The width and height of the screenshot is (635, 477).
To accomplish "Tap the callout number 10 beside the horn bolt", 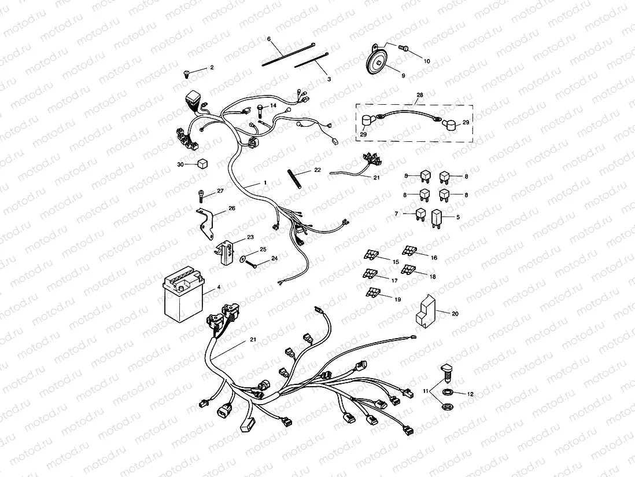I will [427, 61].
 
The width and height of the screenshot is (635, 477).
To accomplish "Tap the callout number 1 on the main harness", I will [264, 182].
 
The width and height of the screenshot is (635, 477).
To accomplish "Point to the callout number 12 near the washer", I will [470, 394].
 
